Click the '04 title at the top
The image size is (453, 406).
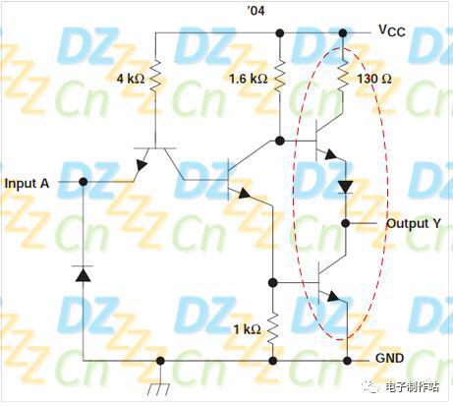[255, 11]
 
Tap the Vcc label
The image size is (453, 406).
[392, 30]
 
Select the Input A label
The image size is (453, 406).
[27, 184]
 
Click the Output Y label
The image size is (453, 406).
[414, 223]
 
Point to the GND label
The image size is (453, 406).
[389, 358]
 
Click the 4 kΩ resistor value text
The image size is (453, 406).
[131, 79]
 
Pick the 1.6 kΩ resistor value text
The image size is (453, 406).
[248, 79]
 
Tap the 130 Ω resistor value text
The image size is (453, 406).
[373, 79]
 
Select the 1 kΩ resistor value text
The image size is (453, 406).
[247, 329]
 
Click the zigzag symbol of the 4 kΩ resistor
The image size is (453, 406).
[155, 76]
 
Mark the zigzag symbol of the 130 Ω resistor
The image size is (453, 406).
[343, 76]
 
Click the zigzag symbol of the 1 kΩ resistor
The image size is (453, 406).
[272, 328]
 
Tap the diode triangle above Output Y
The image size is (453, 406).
[345, 187]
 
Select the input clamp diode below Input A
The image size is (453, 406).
[83, 274]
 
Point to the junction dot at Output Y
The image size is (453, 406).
[346, 223]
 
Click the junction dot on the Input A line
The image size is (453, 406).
[84, 182]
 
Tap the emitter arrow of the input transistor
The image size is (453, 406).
[142, 165]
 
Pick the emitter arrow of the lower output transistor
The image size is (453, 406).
[333, 296]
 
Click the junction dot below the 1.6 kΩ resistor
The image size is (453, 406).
[279, 141]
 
